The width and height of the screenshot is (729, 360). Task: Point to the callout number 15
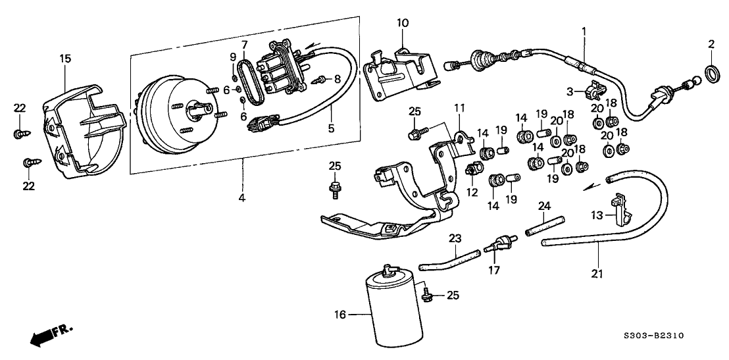(x=64, y=59)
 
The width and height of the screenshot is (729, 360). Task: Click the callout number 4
(x=241, y=197)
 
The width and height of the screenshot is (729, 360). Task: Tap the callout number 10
(x=403, y=24)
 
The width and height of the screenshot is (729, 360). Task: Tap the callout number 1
(x=583, y=30)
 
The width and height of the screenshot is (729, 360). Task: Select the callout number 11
(x=459, y=107)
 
